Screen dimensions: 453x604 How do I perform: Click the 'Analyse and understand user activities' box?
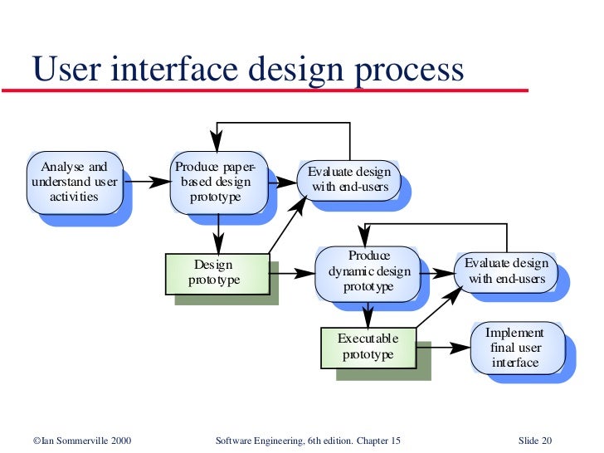[x=75, y=182]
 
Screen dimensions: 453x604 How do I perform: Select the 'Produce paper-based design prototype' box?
[x=218, y=182]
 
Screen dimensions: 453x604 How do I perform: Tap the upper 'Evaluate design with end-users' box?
[x=348, y=179]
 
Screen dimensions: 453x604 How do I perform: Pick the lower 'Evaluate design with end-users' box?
[x=506, y=271]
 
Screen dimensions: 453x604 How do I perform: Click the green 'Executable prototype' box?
[x=368, y=347]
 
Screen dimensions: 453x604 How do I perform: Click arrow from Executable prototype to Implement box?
[x=443, y=347]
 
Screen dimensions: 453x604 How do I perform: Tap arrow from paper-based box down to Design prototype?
[x=218, y=232]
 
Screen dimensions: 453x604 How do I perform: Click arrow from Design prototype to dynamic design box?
[x=292, y=272]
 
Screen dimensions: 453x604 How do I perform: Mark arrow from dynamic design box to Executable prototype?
[x=368, y=314]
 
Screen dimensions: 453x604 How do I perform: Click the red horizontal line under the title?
[x=265, y=90]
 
